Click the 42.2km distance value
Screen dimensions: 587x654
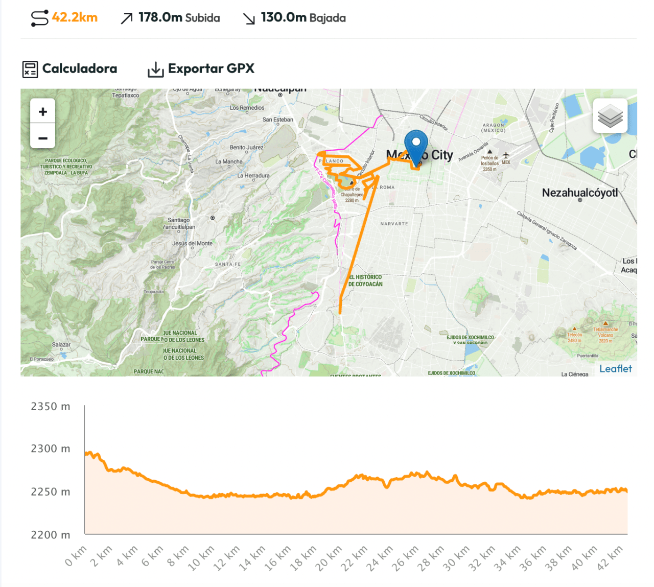click(74, 17)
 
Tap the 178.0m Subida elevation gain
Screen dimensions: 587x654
click(179, 18)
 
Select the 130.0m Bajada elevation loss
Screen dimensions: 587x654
click(303, 18)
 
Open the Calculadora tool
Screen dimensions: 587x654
click(70, 69)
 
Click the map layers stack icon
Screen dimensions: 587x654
click(610, 115)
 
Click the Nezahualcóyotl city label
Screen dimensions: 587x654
click(579, 193)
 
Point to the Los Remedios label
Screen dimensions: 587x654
click(247, 108)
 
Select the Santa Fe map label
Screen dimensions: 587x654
click(227, 264)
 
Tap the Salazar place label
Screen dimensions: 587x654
click(61, 345)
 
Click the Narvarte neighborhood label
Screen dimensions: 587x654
click(394, 224)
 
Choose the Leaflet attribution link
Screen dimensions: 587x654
click(615, 369)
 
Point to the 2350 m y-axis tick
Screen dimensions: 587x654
click(51, 407)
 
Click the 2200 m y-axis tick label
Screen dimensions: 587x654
click(51, 535)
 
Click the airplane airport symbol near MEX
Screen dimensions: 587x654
click(506, 155)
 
